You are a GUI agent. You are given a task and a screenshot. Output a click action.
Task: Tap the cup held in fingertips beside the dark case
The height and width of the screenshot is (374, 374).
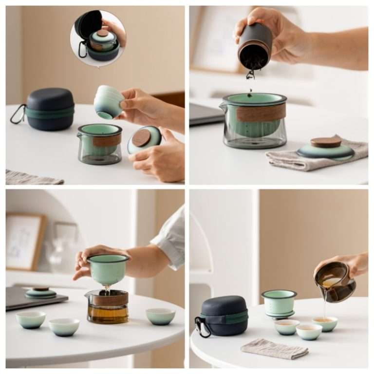click(x=109, y=102)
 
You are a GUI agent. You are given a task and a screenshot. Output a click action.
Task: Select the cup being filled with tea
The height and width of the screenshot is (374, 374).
click(x=324, y=323)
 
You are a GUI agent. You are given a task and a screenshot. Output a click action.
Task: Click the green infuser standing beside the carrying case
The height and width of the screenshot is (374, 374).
click(x=279, y=303)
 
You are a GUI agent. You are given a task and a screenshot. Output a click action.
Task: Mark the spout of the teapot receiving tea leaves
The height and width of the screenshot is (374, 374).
click(x=223, y=106)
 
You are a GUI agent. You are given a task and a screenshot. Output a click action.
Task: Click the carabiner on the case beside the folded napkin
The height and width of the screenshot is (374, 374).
click(x=202, y=327)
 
